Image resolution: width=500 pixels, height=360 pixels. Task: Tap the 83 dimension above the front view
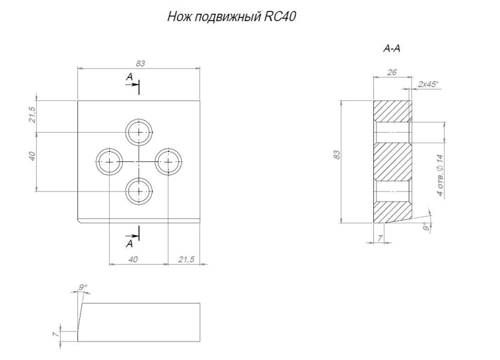coord(140,64)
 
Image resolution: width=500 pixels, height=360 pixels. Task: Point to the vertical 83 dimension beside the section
coord(337,155)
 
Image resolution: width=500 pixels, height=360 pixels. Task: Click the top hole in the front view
coord(139,131)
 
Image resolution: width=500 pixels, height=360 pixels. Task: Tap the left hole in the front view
coord(110,161)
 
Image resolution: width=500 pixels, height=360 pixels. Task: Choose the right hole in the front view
coord(169,161)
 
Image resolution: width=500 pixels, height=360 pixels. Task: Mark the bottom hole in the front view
coord(139,191)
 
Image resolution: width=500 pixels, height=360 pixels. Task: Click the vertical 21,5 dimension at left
coord(34,114)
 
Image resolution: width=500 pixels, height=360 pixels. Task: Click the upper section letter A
coord(128,77)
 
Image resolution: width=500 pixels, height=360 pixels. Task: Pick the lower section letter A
coord(128,244)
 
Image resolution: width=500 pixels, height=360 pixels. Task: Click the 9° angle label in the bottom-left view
coord(83,288)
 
